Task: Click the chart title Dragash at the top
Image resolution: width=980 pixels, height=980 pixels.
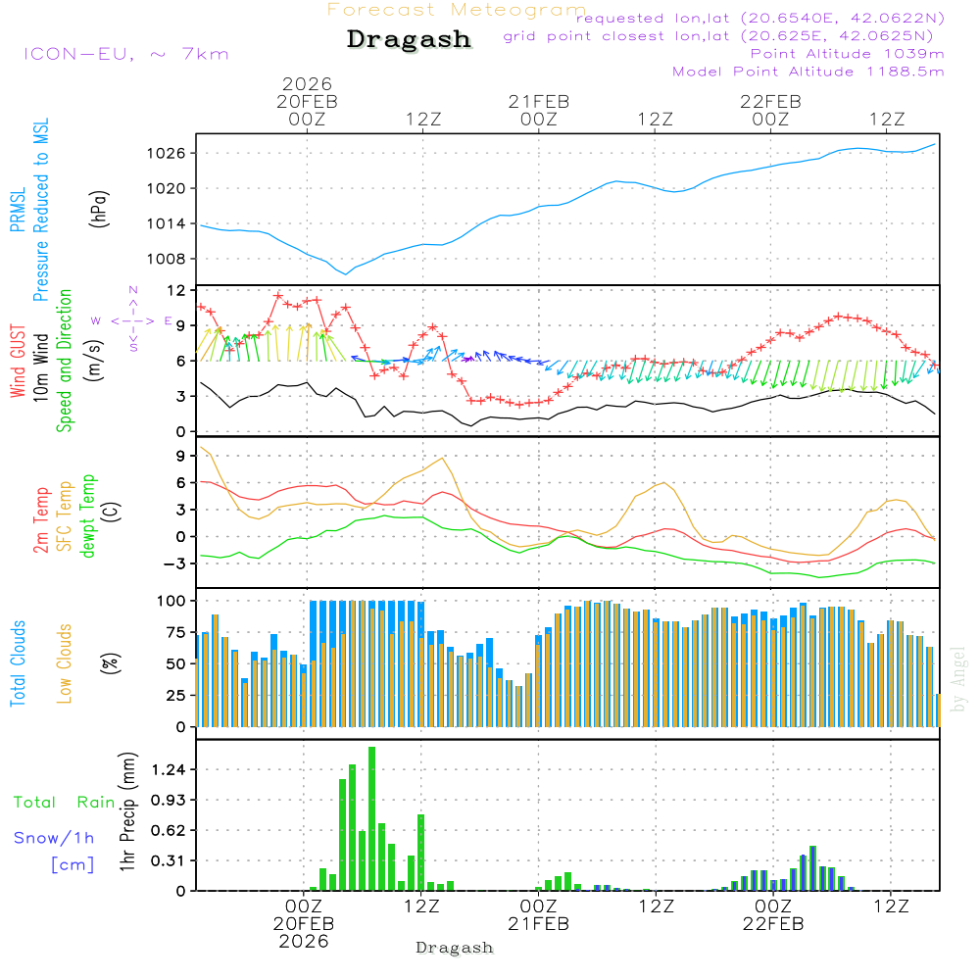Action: (x=409, y=39)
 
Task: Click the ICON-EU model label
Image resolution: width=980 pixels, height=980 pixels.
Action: (x=125, y=54)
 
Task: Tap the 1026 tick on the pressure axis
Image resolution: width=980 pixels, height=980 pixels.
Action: (x=169, y=153)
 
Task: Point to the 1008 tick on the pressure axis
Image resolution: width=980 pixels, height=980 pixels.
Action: (x=169, y=259)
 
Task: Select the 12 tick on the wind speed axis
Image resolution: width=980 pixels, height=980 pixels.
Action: (x=177, y=290)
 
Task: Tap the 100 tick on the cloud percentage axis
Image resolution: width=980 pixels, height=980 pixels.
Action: (x=172, y=600)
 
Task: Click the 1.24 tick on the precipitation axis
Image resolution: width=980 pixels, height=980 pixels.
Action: (x=170, y=770)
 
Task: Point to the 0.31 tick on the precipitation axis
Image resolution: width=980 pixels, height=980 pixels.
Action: (x=170, y=860)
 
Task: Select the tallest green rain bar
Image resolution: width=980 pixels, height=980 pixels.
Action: (x=372, y=818)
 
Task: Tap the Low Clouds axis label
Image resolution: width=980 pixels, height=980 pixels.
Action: (x=66, y=662)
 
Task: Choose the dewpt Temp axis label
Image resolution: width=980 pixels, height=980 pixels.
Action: (x=89, y=516)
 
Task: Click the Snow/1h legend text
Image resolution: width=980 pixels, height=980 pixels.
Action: (x=54, y=838)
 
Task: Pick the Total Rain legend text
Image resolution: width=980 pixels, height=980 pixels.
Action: (x=65, y=803)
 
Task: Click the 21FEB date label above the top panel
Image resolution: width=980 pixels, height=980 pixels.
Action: (x=538, y=101)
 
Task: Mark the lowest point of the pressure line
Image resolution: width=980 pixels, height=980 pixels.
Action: (x=345, y=273)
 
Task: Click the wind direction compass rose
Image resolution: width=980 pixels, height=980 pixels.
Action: (x=133, y=320)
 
